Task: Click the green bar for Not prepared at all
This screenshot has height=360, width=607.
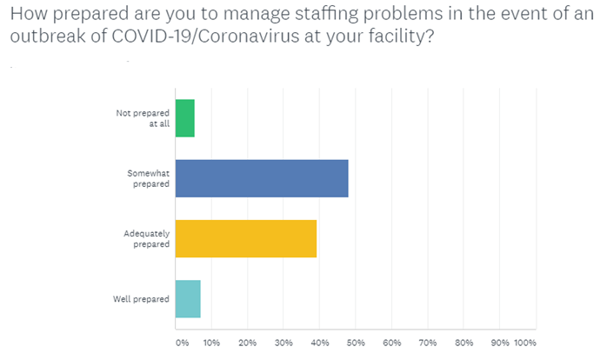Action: click(x=184, y=118)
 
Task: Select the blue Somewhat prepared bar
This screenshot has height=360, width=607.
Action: click(x=261, y=178)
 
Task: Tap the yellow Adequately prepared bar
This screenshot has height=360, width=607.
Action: click(x=245, y=239)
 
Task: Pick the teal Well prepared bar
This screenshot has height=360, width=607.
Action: click(x=188, y=299)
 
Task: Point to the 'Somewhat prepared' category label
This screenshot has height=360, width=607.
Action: click(x=148, y=178)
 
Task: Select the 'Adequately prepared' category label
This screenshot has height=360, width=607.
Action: click(x=146, y=239)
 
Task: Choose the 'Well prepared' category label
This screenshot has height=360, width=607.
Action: click(x=141, y=299)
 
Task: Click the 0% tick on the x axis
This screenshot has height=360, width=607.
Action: click(x=182, y=343)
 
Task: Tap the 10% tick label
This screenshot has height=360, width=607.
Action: click(x=212, y=343)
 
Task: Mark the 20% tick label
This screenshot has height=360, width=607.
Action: click(x=248, y=343)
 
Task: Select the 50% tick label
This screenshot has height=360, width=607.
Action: click(x=356, y=343)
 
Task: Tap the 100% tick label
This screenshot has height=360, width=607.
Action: click(x=526, y=343)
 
